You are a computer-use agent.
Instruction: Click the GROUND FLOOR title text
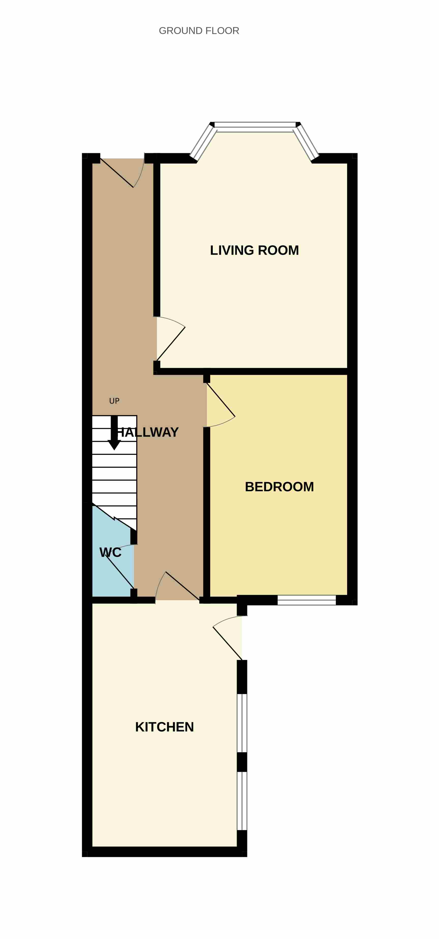pyautogui.click(x=199, y=31)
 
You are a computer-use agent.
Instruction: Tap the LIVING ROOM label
pyautogui.click(x=254, y=250)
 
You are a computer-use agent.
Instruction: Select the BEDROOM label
pyautogui.click(x=279, y=487)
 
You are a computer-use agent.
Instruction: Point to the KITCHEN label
pyautogui.click(x=164, y=727)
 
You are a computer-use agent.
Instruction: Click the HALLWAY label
pyautogui.click(x=147, y=432)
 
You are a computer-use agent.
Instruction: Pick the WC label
pyautogui.click(x=110, y=552)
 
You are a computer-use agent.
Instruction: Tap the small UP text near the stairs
pyautogui.click(x=114, y=401)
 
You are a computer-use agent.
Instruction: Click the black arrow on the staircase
pyautogui.click(x=114, y=433)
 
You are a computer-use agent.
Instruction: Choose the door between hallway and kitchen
pyautogui.click(x=177, y=585)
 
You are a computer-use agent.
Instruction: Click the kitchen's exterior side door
pyautogui.click(x=228, y=638)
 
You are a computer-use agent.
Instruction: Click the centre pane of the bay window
pyautogui.click(x=255, y=127)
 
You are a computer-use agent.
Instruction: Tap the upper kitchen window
pyautogui.click(x=242, y=723)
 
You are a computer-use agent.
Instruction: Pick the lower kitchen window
pyautogui.click(x=242, y=801)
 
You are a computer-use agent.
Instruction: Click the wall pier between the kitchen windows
pyautogui.click(x=242, y=762)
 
